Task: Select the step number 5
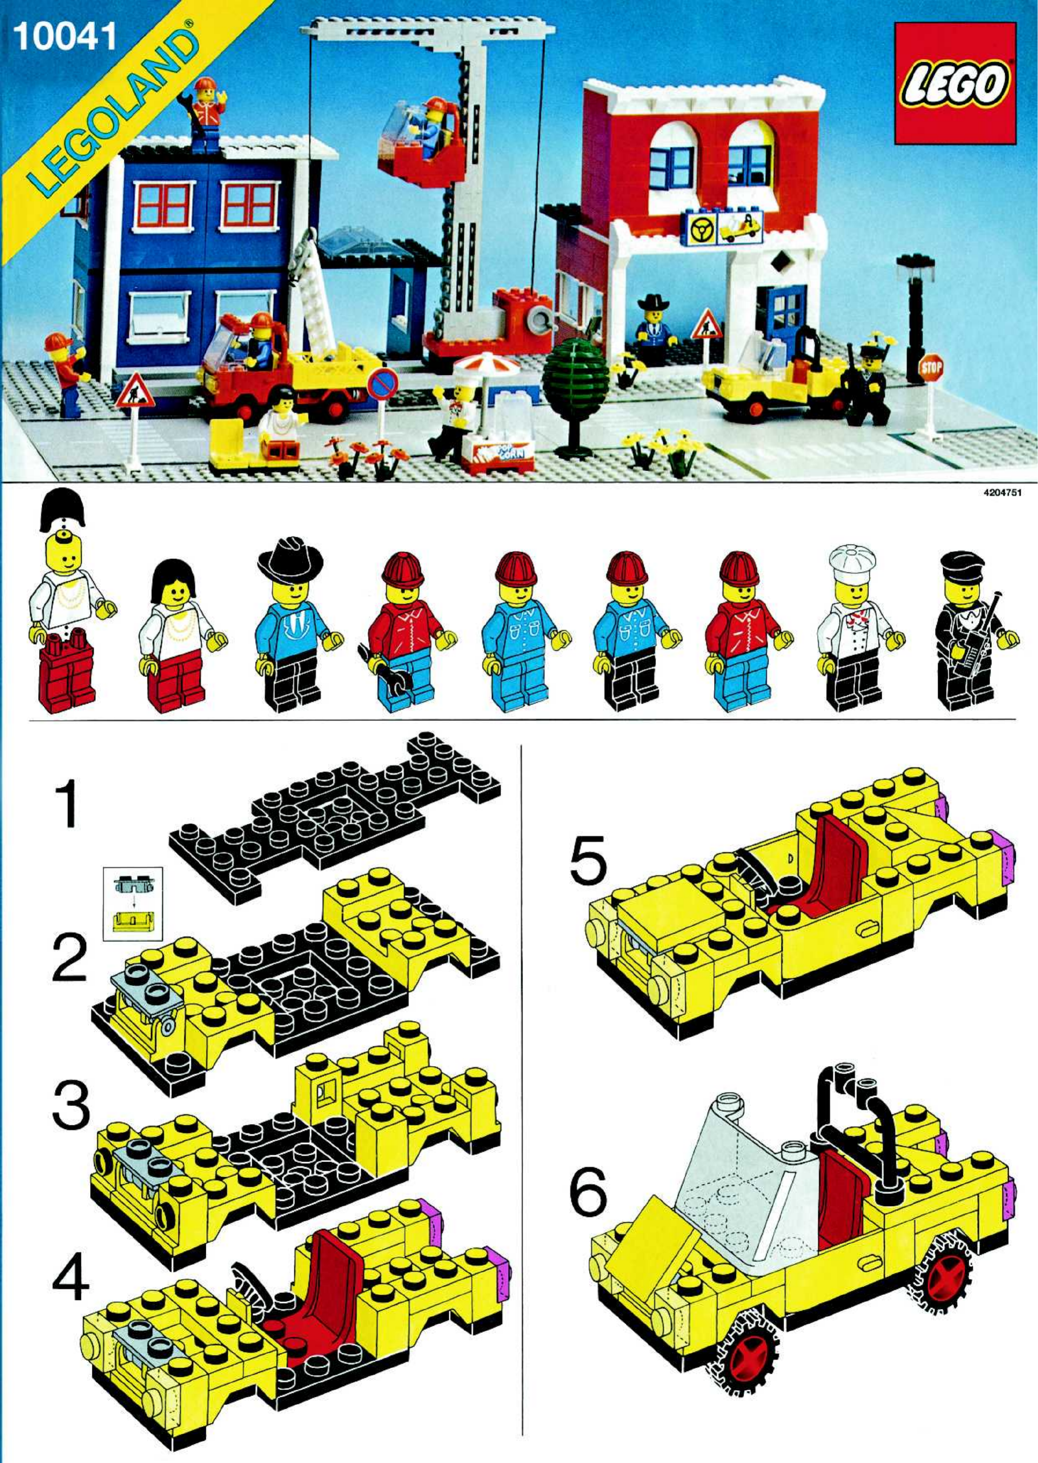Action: coord(588,862)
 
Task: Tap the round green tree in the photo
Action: coord(575,374)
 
